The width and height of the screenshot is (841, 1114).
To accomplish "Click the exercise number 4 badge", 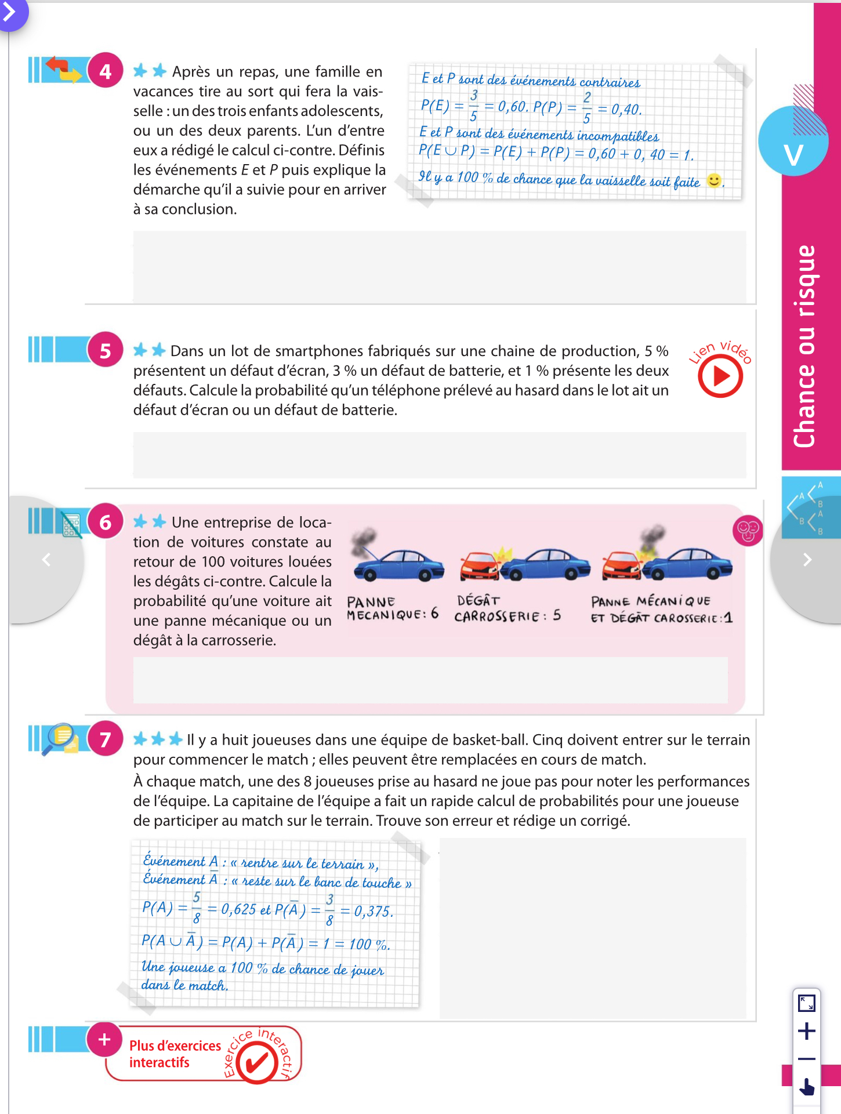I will pos(105,71).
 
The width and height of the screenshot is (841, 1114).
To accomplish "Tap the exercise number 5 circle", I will pos(105,350).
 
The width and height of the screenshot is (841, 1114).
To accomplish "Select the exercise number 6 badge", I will pos(105,522).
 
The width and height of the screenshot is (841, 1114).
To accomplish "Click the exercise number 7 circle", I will pos(105,739).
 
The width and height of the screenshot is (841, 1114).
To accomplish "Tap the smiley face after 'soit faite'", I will pos(714,180).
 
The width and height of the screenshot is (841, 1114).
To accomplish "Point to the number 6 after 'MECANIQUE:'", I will pos(434,614).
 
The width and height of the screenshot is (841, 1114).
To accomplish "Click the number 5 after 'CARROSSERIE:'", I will pos(556,615).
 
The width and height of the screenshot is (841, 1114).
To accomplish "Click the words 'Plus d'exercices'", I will pos(175,1046).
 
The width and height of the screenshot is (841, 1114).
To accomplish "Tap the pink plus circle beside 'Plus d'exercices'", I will pos(104,1039).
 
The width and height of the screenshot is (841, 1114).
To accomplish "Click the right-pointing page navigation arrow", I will pos(807,560).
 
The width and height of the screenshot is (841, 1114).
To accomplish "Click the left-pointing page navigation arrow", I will pos(46,560).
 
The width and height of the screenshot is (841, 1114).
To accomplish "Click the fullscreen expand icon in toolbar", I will pos(807,1003).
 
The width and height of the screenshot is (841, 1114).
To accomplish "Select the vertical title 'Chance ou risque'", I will pos(804,347).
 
